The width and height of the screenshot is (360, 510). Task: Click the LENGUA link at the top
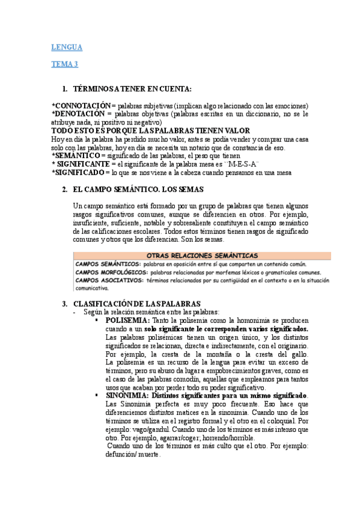click(x=67, y=48)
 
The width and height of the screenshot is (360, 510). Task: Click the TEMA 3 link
click(x=64, y=64)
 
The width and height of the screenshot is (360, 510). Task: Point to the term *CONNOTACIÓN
click(x=81, y=105)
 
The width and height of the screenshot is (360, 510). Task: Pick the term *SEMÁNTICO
click(x=77, y=156)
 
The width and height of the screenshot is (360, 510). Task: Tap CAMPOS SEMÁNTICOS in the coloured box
click(x=108, y=264)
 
